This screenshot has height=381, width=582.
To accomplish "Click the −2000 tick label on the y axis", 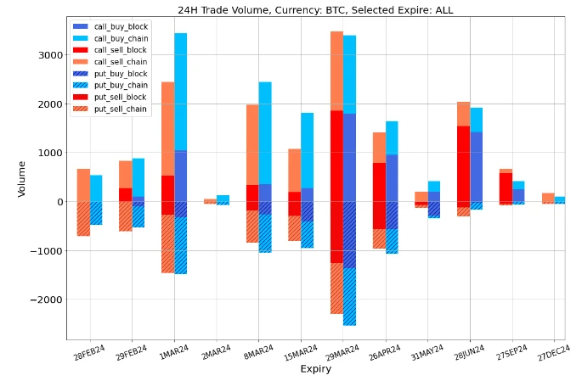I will coord(46,300).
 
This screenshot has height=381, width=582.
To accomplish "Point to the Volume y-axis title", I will coord(22,178).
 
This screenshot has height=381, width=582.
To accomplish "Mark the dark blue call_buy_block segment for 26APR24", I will coord(392,178).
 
